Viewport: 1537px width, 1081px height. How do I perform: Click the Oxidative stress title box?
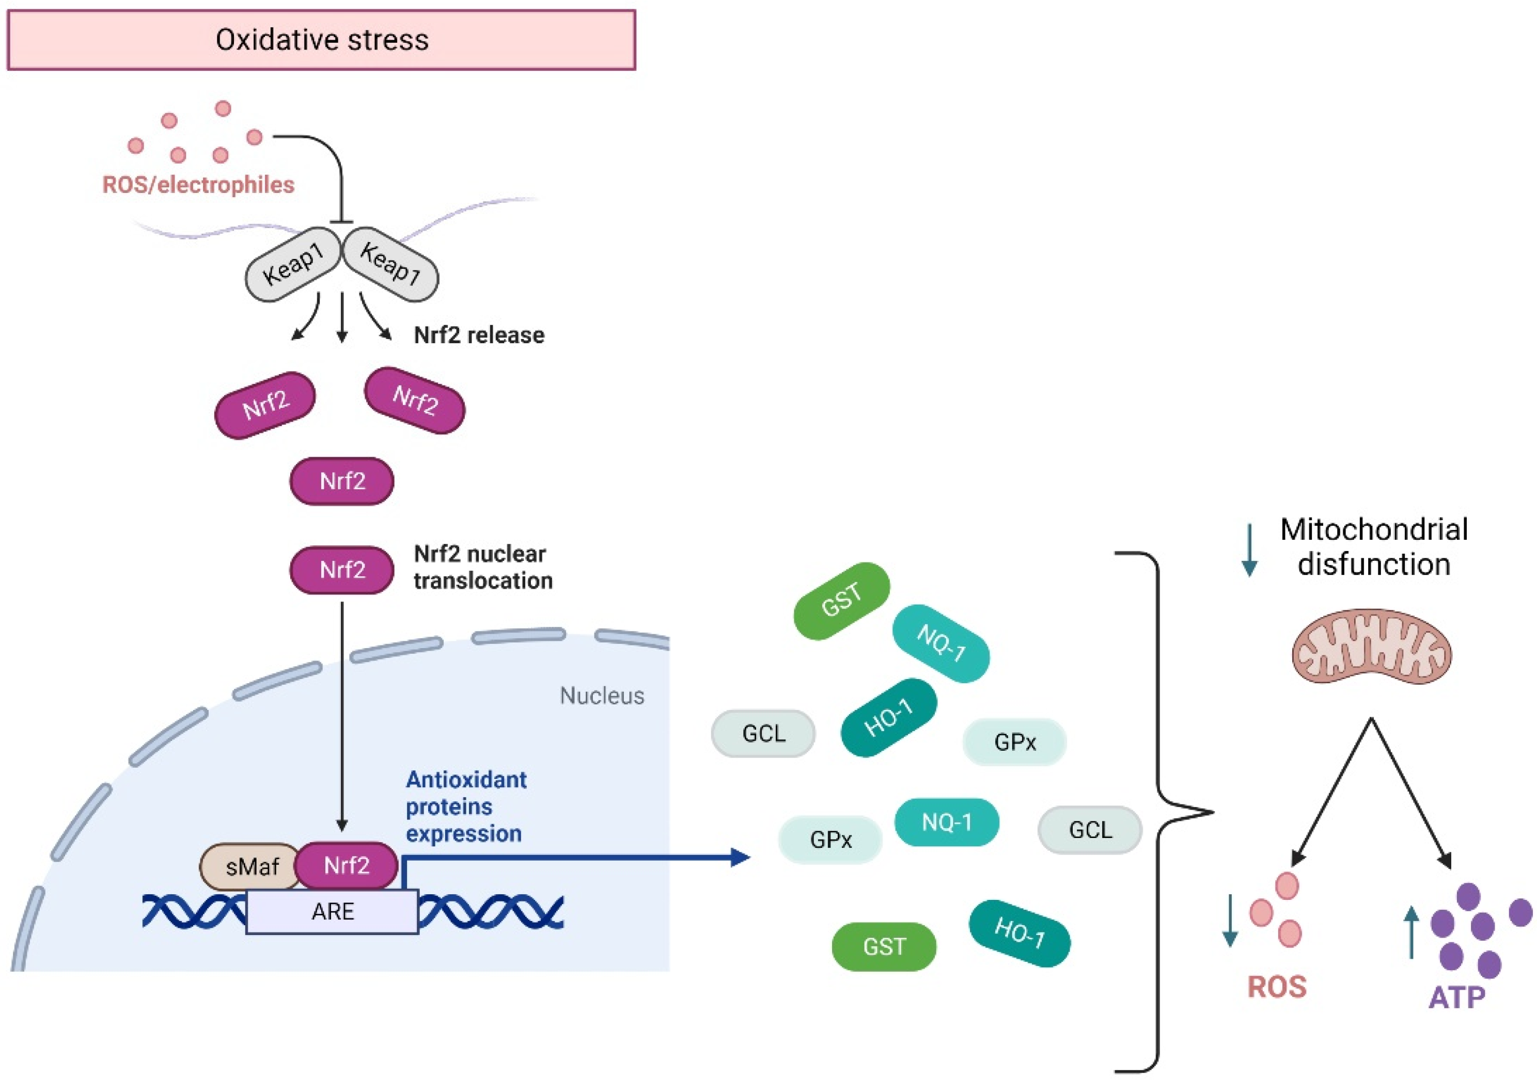click(321, 39)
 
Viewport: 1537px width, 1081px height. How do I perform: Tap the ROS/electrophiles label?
click(198, 185)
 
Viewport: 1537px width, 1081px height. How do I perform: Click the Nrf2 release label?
click(479, 335)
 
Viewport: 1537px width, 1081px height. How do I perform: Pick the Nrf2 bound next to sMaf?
click(347, 866)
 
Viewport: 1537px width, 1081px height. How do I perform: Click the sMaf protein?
click(251, 867)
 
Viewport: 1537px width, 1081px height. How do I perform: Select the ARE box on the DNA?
click(333, 912)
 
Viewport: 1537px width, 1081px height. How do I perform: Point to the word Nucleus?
click(602, 696)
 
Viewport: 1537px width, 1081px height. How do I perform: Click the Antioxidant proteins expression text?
click(466, 806)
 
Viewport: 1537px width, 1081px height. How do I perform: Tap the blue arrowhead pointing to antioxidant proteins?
click(741, 857)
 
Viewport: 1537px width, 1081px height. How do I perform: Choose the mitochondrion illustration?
click(1372, 646)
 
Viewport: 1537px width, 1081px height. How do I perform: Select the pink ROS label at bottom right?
click(1277, 987)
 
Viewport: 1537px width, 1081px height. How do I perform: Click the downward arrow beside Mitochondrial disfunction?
click(1249, 550)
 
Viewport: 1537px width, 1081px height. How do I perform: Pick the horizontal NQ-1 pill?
click(947, 822)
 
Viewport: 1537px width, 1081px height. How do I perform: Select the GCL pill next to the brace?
click(1090, 830)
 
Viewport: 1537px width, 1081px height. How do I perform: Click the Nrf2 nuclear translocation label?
click(483, 567)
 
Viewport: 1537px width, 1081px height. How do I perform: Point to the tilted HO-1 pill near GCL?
click(889, 718)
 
